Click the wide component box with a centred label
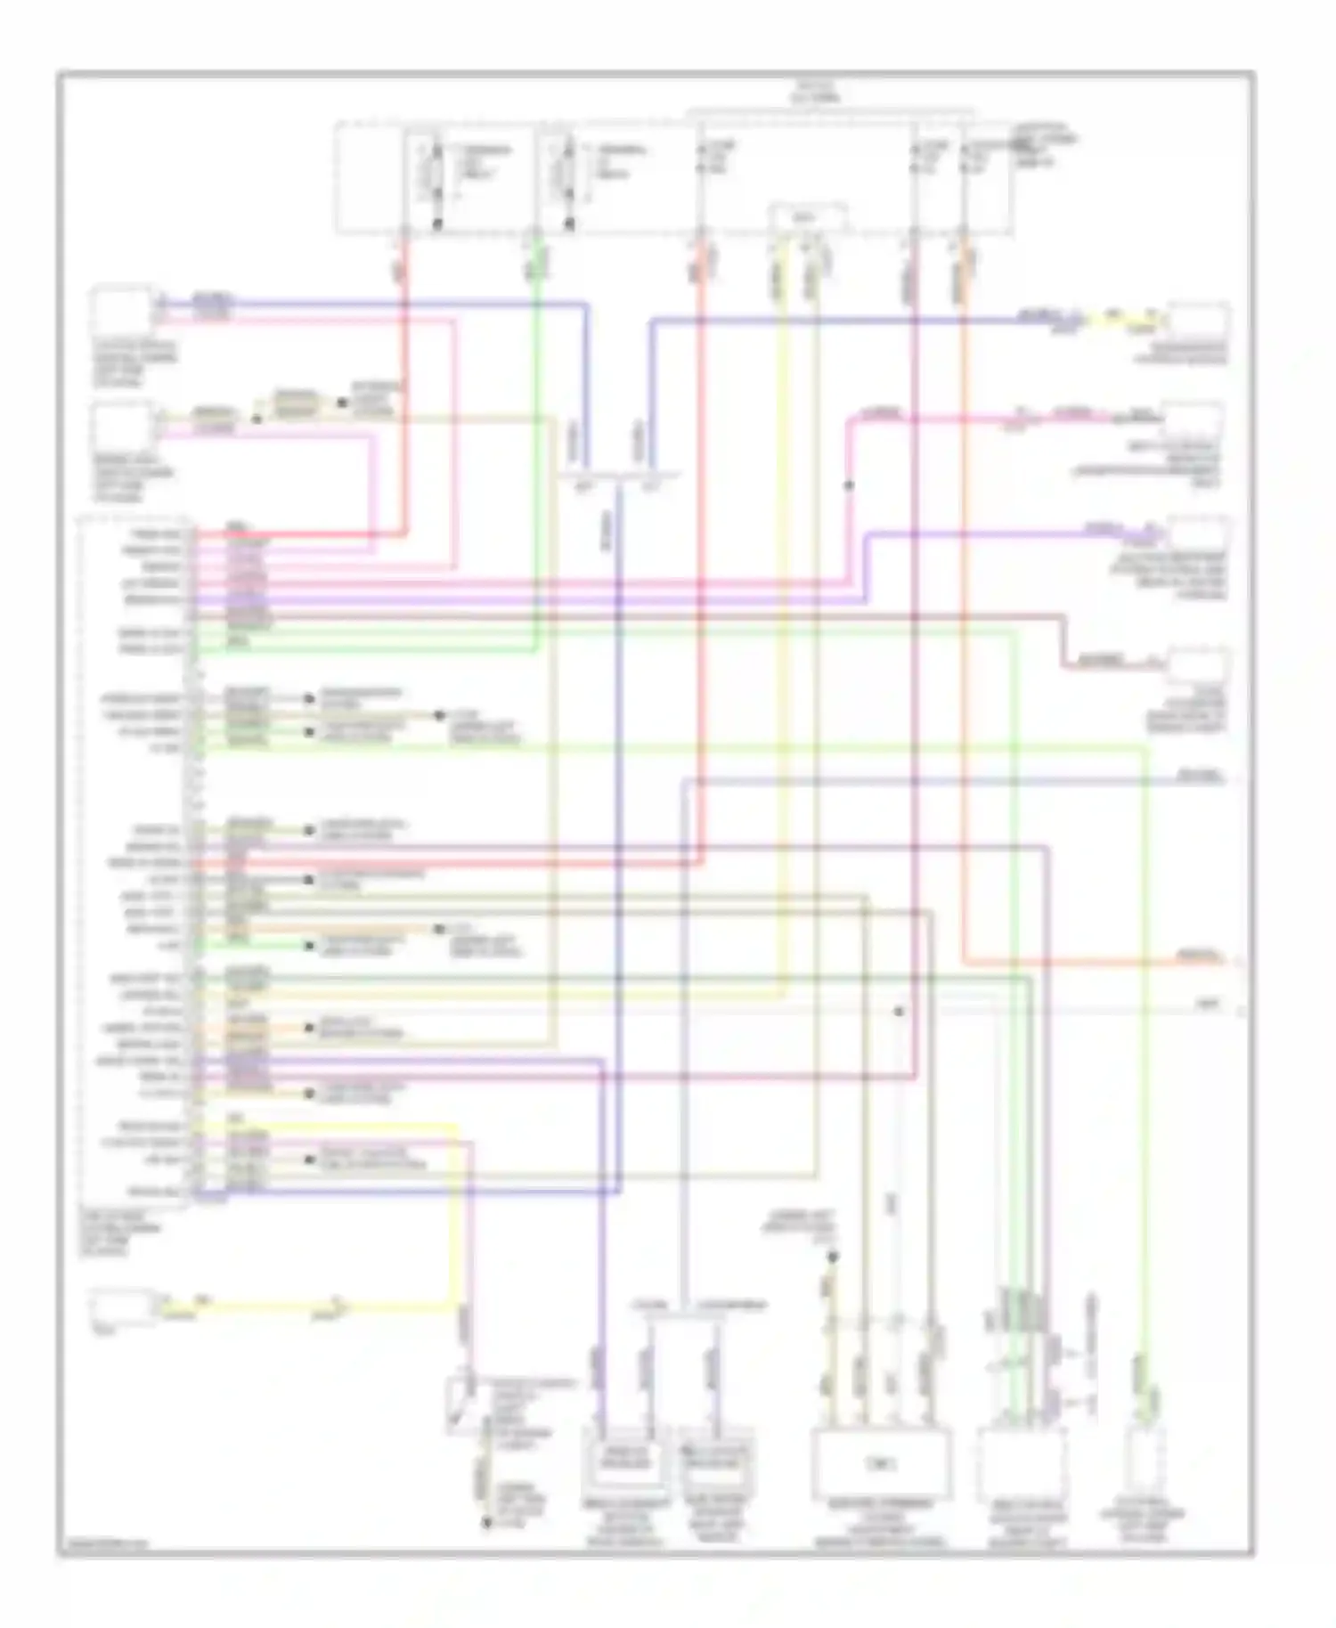click(x=881, y=1463)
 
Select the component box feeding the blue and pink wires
click(x=123, y=310)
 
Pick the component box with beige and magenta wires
click(x=123, y=425)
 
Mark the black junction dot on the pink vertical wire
click(x=849, y=485)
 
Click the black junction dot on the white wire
click(x=900, y=1012)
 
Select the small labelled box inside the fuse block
click(x=807, y=217)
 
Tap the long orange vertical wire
click(x=964, y=623)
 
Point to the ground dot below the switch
click(x=486, y=1523)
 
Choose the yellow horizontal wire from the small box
click(x=267, y=1308)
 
